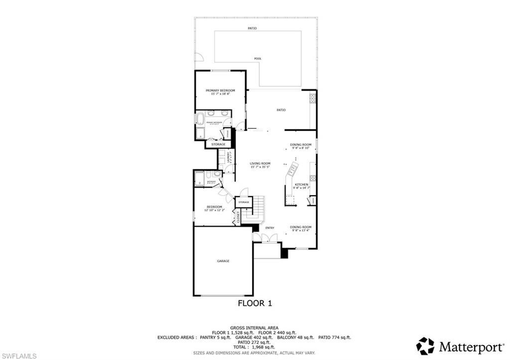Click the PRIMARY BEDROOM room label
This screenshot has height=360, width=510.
click(x=220, y=91)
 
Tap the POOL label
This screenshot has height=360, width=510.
click(x=257, y=59)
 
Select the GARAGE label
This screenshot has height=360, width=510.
click(x=223, y=260)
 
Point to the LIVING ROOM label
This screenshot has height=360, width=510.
click(x=260, y=164)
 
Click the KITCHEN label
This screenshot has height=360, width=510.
click(x=301, y=185)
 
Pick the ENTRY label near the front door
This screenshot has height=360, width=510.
click(x=269, y=228)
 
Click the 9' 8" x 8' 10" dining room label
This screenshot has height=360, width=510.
click(x=300, y=145)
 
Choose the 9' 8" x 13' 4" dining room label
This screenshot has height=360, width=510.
click(x=300, y=227)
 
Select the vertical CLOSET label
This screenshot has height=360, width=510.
click(x=238, y=217)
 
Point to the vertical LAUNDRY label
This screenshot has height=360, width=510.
click(x=228, y=158)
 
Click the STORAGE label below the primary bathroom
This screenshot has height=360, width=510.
click(x=218, y=144)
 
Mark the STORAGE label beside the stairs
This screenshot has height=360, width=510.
click(x=244, y=202)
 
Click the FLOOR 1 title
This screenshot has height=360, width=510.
click(x=255, y=303)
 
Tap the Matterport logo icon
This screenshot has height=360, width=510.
click(x=425, y=346)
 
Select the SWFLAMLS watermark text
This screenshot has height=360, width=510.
click(x=19, y=356)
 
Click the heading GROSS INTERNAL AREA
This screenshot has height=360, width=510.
click(x=255, y=327)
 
